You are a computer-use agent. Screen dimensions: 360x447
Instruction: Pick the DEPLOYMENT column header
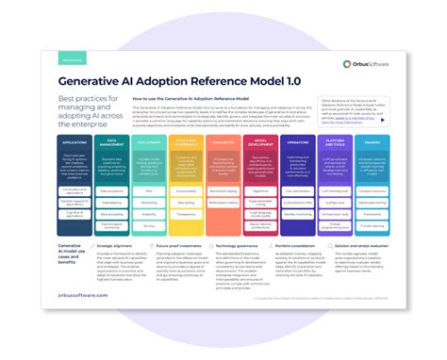(x=149, y=142)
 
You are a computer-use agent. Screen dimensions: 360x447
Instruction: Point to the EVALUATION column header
(x=223, y=142)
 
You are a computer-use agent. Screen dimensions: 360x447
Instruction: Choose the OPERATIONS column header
(x=298, y=142)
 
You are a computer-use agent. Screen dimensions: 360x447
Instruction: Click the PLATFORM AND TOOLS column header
(x=335, y=144)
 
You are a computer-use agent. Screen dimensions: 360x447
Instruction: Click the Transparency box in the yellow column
(x=187, y=213)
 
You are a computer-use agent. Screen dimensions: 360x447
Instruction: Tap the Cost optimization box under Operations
(x=298, y=189)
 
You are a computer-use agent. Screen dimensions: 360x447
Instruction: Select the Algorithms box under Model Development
(x=260, y=189)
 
